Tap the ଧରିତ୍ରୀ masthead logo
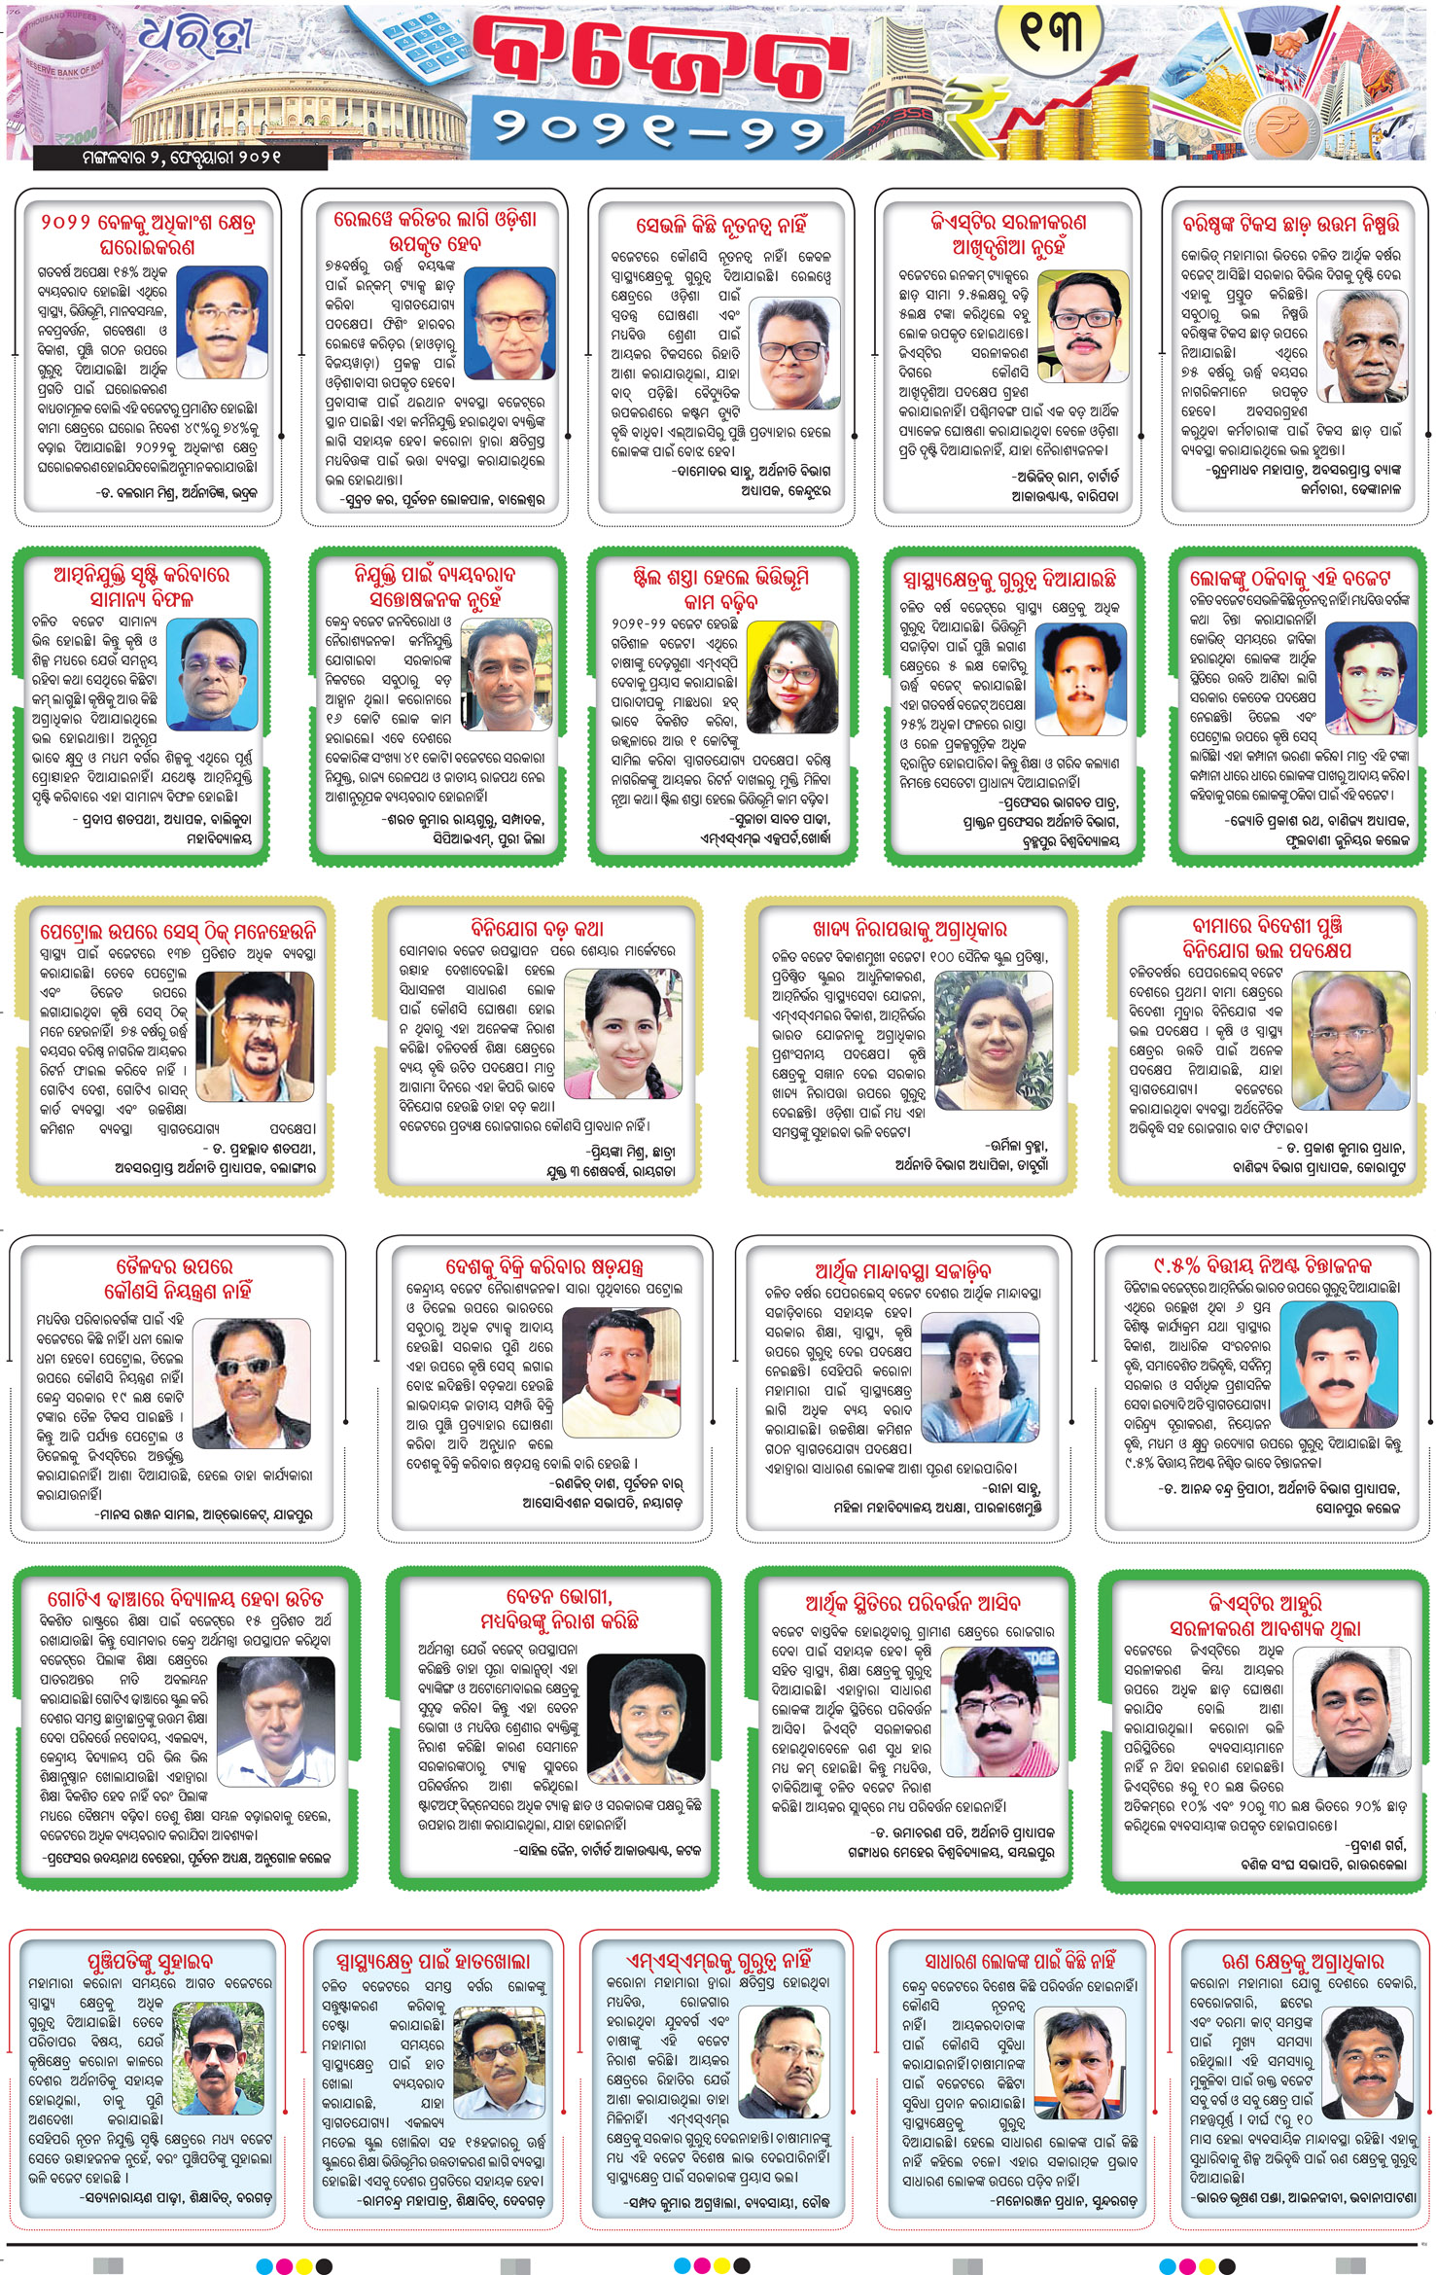click(x=193, y=38)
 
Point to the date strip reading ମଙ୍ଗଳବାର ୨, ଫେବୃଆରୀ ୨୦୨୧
click(x=181, y=157)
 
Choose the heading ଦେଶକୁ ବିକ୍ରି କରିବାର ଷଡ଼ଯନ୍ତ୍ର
click(x=544, y=1266)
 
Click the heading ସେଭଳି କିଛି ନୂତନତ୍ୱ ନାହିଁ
click(x=720, y=226)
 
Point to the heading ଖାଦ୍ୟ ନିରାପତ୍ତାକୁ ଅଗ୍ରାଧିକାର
click(x=910, y=929)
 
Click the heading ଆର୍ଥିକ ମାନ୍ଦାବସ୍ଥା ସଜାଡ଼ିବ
click(x=903, y=1270)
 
